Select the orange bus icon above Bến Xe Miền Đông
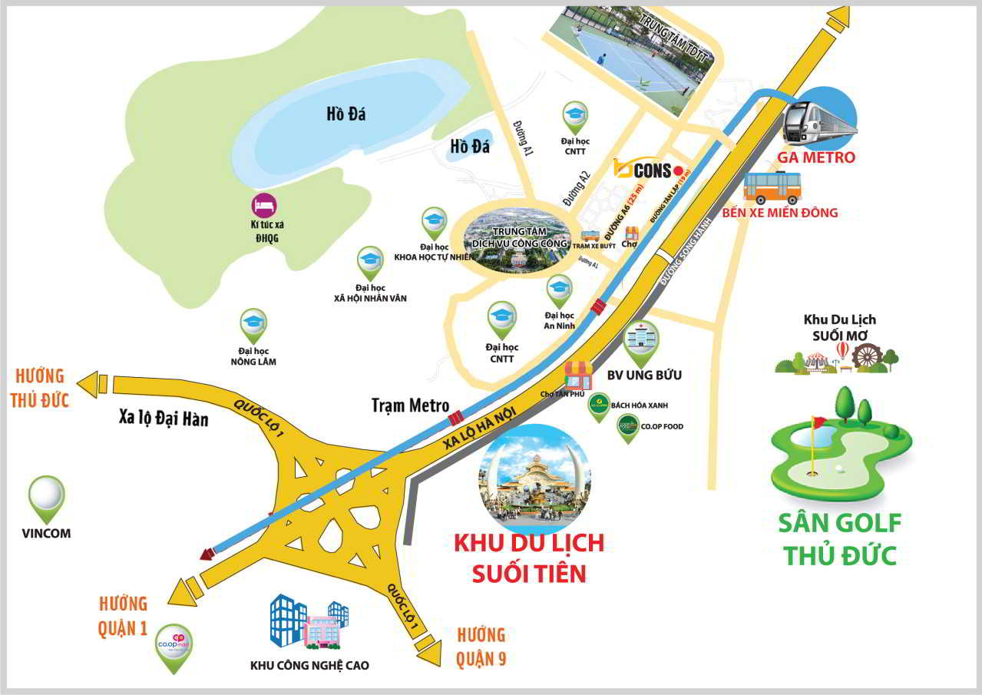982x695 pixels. click(x=772, y=187)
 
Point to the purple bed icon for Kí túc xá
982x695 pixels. click(x=264, y=205)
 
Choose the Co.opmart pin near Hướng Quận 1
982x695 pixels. click(x=173, y=644)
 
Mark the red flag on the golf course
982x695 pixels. click(x=818, y=422)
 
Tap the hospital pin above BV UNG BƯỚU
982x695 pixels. click(x=640, y=342)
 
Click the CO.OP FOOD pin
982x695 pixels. click(x=628, y=426)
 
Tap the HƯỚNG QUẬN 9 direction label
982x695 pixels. click(x=481, y=646)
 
